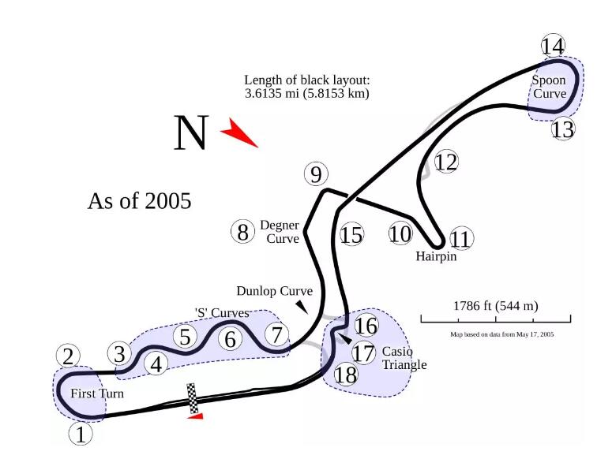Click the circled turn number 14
(x=554, y=46)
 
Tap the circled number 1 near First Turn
(x=81, y=433)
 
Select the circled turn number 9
(x=315, y=173)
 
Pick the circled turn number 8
(x=243, y=232)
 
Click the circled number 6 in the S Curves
(x=230, y=339)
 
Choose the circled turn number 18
(x=346, y=375)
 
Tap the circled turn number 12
(x=446, y=162)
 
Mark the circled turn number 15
(x=351, y=234)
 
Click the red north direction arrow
(x=238, y=134)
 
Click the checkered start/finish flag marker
(x=192, y=398)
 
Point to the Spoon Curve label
(x=549, y=87)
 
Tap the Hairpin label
(x=436, y=256)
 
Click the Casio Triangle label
(x=404, y=358)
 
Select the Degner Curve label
(x=280, y=232)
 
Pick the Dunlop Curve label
(x=274, y=291)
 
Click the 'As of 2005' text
(x=139, y=200)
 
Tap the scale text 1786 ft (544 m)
(x=495, y=306)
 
